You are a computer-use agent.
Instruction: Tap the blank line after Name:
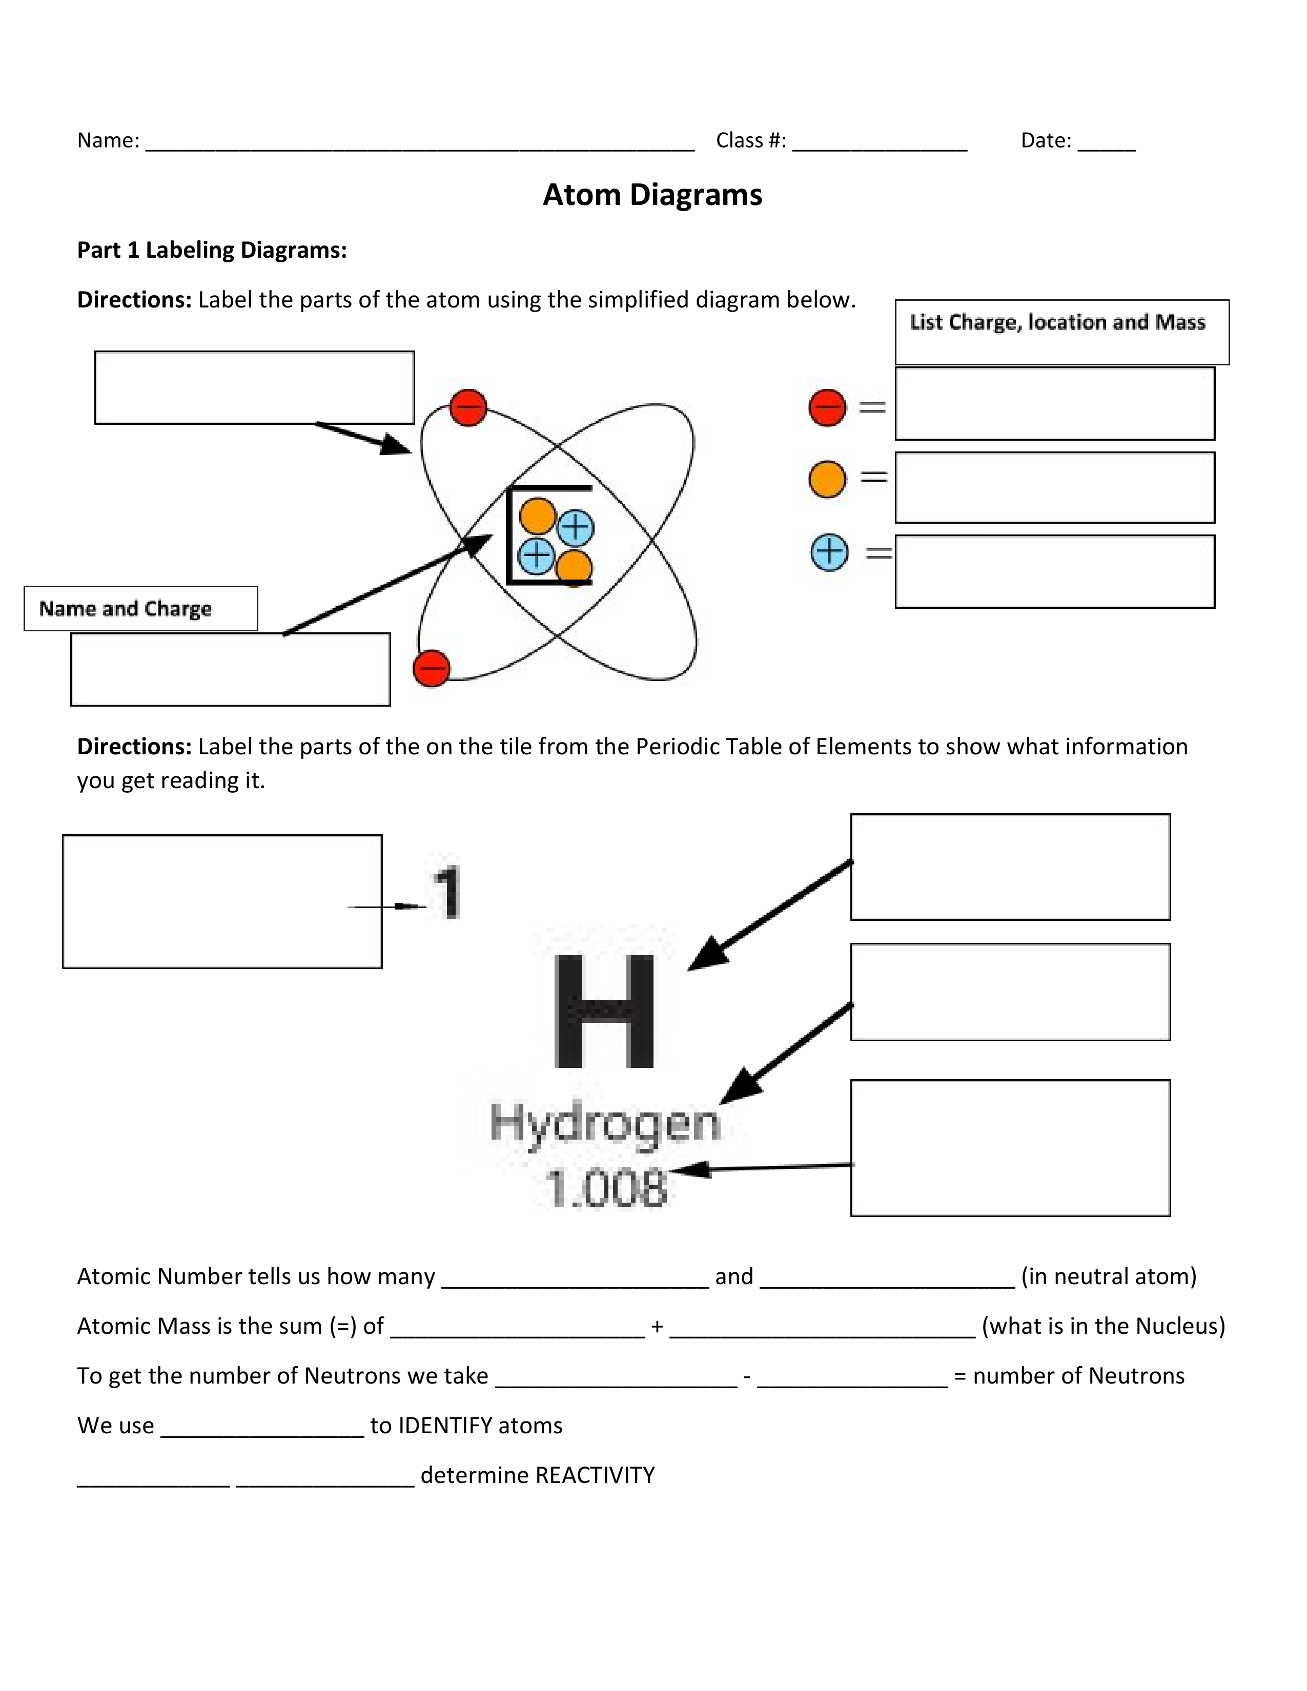pyautogui.click(x=420, y=143)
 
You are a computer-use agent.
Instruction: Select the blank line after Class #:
pyautogui.click(x=880, y=143)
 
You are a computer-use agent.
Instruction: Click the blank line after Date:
pyautogui.click(x=1107, y=143)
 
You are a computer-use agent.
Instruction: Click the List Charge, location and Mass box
pyautogui.click(x=1061, y=332)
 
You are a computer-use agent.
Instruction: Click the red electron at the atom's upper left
pyautogui.click(x=468, y=407)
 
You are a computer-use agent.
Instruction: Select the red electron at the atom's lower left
pyautogui.click(x=431, y=668)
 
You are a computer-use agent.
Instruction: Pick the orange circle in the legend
pyautogui.click(x=827, y=479)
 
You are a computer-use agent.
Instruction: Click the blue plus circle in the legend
pyautogui.click(x=829, y=552)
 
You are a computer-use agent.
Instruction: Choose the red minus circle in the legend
pyautogui.click(x=827, y=407)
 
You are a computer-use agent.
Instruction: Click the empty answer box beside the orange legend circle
pyautogui.click(x=1055, y=488)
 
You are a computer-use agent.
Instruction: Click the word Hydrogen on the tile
pyautogui.click(x=605, y=1123)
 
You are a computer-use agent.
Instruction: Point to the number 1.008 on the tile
pyautogui.click(x=605, y=1188)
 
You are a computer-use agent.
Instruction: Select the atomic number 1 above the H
pyautogui.click(x=447, y=892)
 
